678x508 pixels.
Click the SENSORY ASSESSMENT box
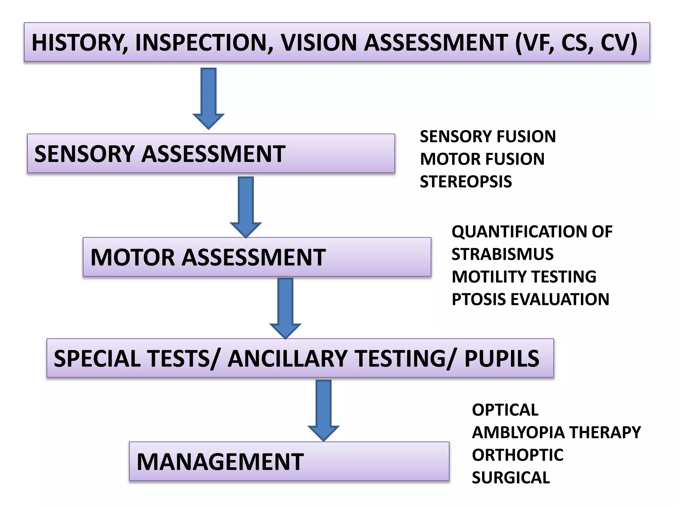click(211, 154)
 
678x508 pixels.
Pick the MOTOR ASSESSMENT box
click(257, 257)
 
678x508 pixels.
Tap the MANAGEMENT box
click(289, 461)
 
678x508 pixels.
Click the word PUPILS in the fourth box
click(502, 359)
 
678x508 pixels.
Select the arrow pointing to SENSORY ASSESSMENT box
click(209, 98)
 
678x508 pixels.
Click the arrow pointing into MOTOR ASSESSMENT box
click(246, 207)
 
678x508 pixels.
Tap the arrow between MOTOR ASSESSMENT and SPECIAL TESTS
click(285, 308)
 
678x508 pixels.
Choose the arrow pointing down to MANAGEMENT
click(323, 410)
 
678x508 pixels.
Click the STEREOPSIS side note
click(466, 182)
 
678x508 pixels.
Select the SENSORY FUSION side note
click(488, 137)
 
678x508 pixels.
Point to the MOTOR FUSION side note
click(482, 159)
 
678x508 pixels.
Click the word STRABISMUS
click(502, 254)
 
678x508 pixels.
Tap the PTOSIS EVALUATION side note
click(530, 299)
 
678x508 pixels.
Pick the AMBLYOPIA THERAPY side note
click(556, 432)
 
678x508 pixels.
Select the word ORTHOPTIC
click(517, 455)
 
